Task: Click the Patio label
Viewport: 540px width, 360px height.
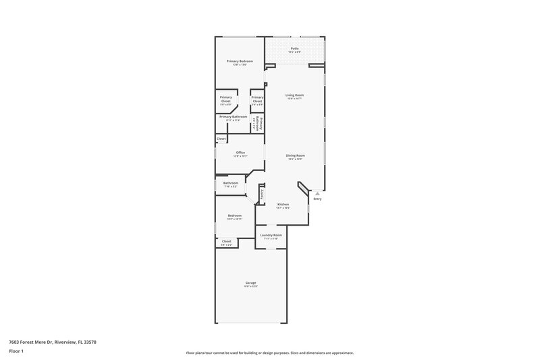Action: (294, 49)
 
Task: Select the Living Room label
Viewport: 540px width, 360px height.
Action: (294, 95)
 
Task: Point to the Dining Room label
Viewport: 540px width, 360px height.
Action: (296, 155)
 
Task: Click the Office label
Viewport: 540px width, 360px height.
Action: (240, 153)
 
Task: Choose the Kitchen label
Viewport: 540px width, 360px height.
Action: (283, 204)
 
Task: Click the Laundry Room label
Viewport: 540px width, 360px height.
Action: (270, 235)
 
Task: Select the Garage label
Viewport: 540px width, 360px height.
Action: (250, 282)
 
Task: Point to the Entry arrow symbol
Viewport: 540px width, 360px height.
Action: (317, 192)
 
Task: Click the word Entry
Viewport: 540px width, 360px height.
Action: (317, 199)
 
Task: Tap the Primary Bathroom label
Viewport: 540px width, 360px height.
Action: (233, 116)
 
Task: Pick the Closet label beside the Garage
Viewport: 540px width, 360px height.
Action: (226, 241)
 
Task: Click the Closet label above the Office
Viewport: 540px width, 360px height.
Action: (221, 138)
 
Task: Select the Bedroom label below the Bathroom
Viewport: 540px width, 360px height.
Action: (234, 215)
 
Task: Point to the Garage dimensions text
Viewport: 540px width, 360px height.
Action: (250, 286)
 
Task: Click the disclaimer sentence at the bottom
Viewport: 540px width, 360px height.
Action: (269, 353)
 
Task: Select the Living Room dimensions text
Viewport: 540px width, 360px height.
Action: (294, 99)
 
